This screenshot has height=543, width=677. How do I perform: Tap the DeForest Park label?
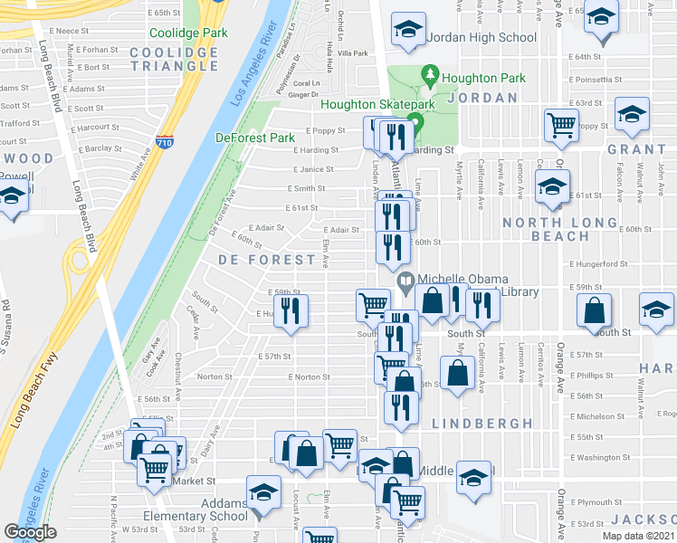tap(255, 138)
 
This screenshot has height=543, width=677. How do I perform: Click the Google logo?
tap(31, 532)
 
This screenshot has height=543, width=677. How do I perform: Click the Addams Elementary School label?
tap(208, 510)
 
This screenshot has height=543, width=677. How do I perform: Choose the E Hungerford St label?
tap(598, 263)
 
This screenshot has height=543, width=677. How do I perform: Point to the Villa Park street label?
tap(353, 53)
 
